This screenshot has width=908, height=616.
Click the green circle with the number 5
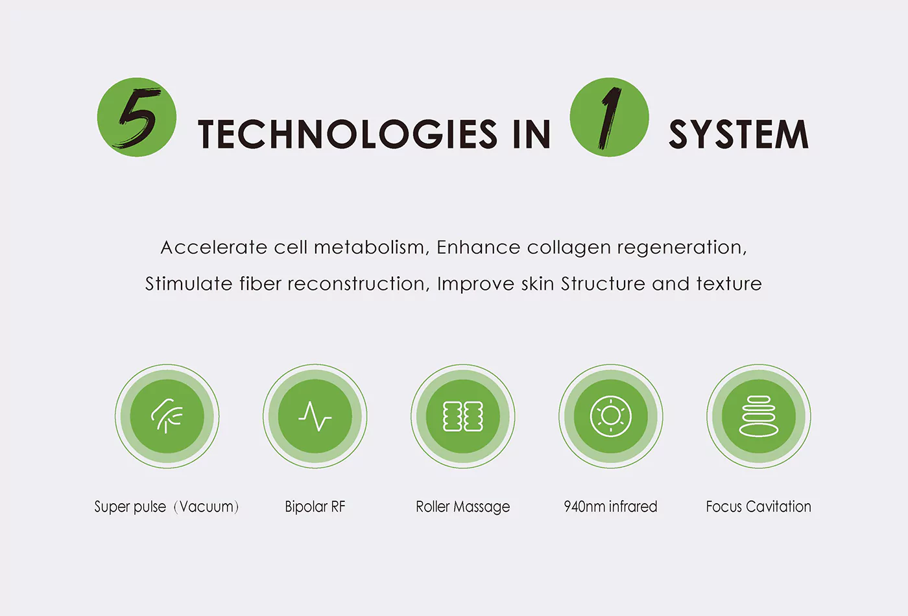click(137, 117)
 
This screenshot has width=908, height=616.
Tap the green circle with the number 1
click(609, 117)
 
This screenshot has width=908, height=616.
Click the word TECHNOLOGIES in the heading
click(348, 134)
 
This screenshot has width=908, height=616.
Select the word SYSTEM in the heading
click(739, 134)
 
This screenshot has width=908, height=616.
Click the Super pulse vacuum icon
click(167, 416)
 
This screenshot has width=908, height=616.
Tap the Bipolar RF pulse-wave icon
click(315, 416)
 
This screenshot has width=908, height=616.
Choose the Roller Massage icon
click(463, 416)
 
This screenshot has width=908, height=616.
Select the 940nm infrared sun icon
click(611, 416)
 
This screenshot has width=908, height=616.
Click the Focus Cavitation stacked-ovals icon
click(759, 416)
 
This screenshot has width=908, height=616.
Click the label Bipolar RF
click(315, 507)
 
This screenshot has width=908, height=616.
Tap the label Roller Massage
click(463, 507)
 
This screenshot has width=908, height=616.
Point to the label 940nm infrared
click(610, 506)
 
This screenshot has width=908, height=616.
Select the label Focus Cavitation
click(758, 506)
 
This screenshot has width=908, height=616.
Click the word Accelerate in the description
click(213, 247)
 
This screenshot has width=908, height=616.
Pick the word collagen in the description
click(569, 248)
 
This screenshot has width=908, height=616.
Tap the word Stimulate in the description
click(189, 284)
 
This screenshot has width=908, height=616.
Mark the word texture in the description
click(729, 284)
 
